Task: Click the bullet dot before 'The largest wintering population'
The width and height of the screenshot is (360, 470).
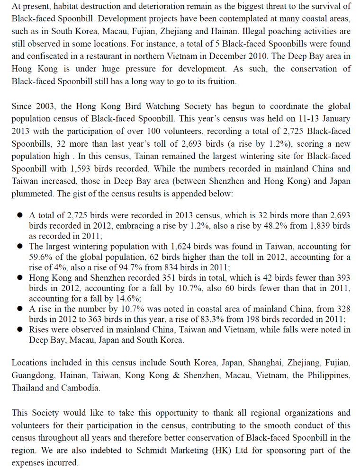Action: pyautogui.click(x=19, y=247)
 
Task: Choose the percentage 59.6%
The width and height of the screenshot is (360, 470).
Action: pyautogui.click(x=41, y=257)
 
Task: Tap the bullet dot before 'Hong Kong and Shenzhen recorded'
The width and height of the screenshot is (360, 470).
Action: pyautogui.click(x=19, y=278)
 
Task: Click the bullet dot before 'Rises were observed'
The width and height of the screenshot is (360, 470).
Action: pyautogui.click(x=19, y=330)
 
